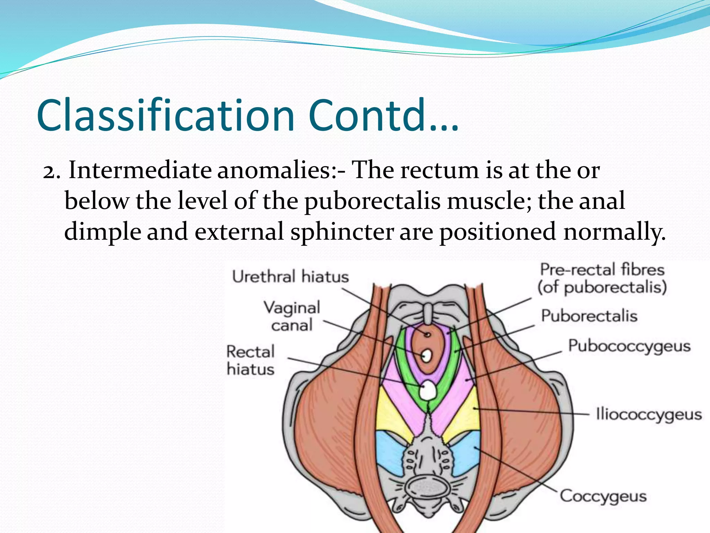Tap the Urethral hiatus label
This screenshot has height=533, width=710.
pyautogui.click(x=291, y=277)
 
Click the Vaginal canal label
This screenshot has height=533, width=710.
pyautogui.click(x=292, y=316)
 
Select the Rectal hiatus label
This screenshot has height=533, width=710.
pyautogui.click(x=251, y=360)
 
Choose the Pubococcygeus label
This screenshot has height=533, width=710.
pyautogui.click(x=629, y=346)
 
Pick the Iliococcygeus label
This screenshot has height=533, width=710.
pyautogui.click(x=649, y=414)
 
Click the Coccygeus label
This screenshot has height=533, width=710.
pyautogui.click(x=604, y=496)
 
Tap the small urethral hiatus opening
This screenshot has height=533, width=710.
pyautogui.click(x=428, y=335)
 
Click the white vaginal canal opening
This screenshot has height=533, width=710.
pyautogui.click(x=426, y=355)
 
